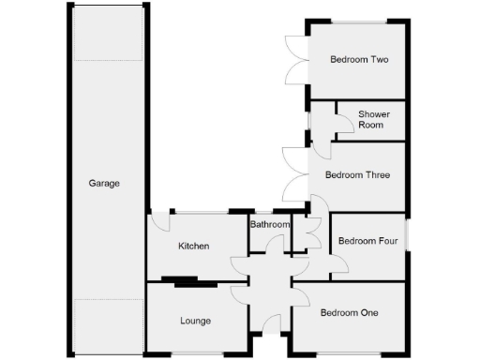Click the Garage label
(x=104, y=184)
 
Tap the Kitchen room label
(x=193, y=246)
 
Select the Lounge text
(x=195, y=321)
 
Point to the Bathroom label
(x=269, y=225)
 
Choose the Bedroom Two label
(x=359, y=59)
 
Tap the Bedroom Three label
(x=357, y=174)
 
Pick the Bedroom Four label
(x=368, y=241)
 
